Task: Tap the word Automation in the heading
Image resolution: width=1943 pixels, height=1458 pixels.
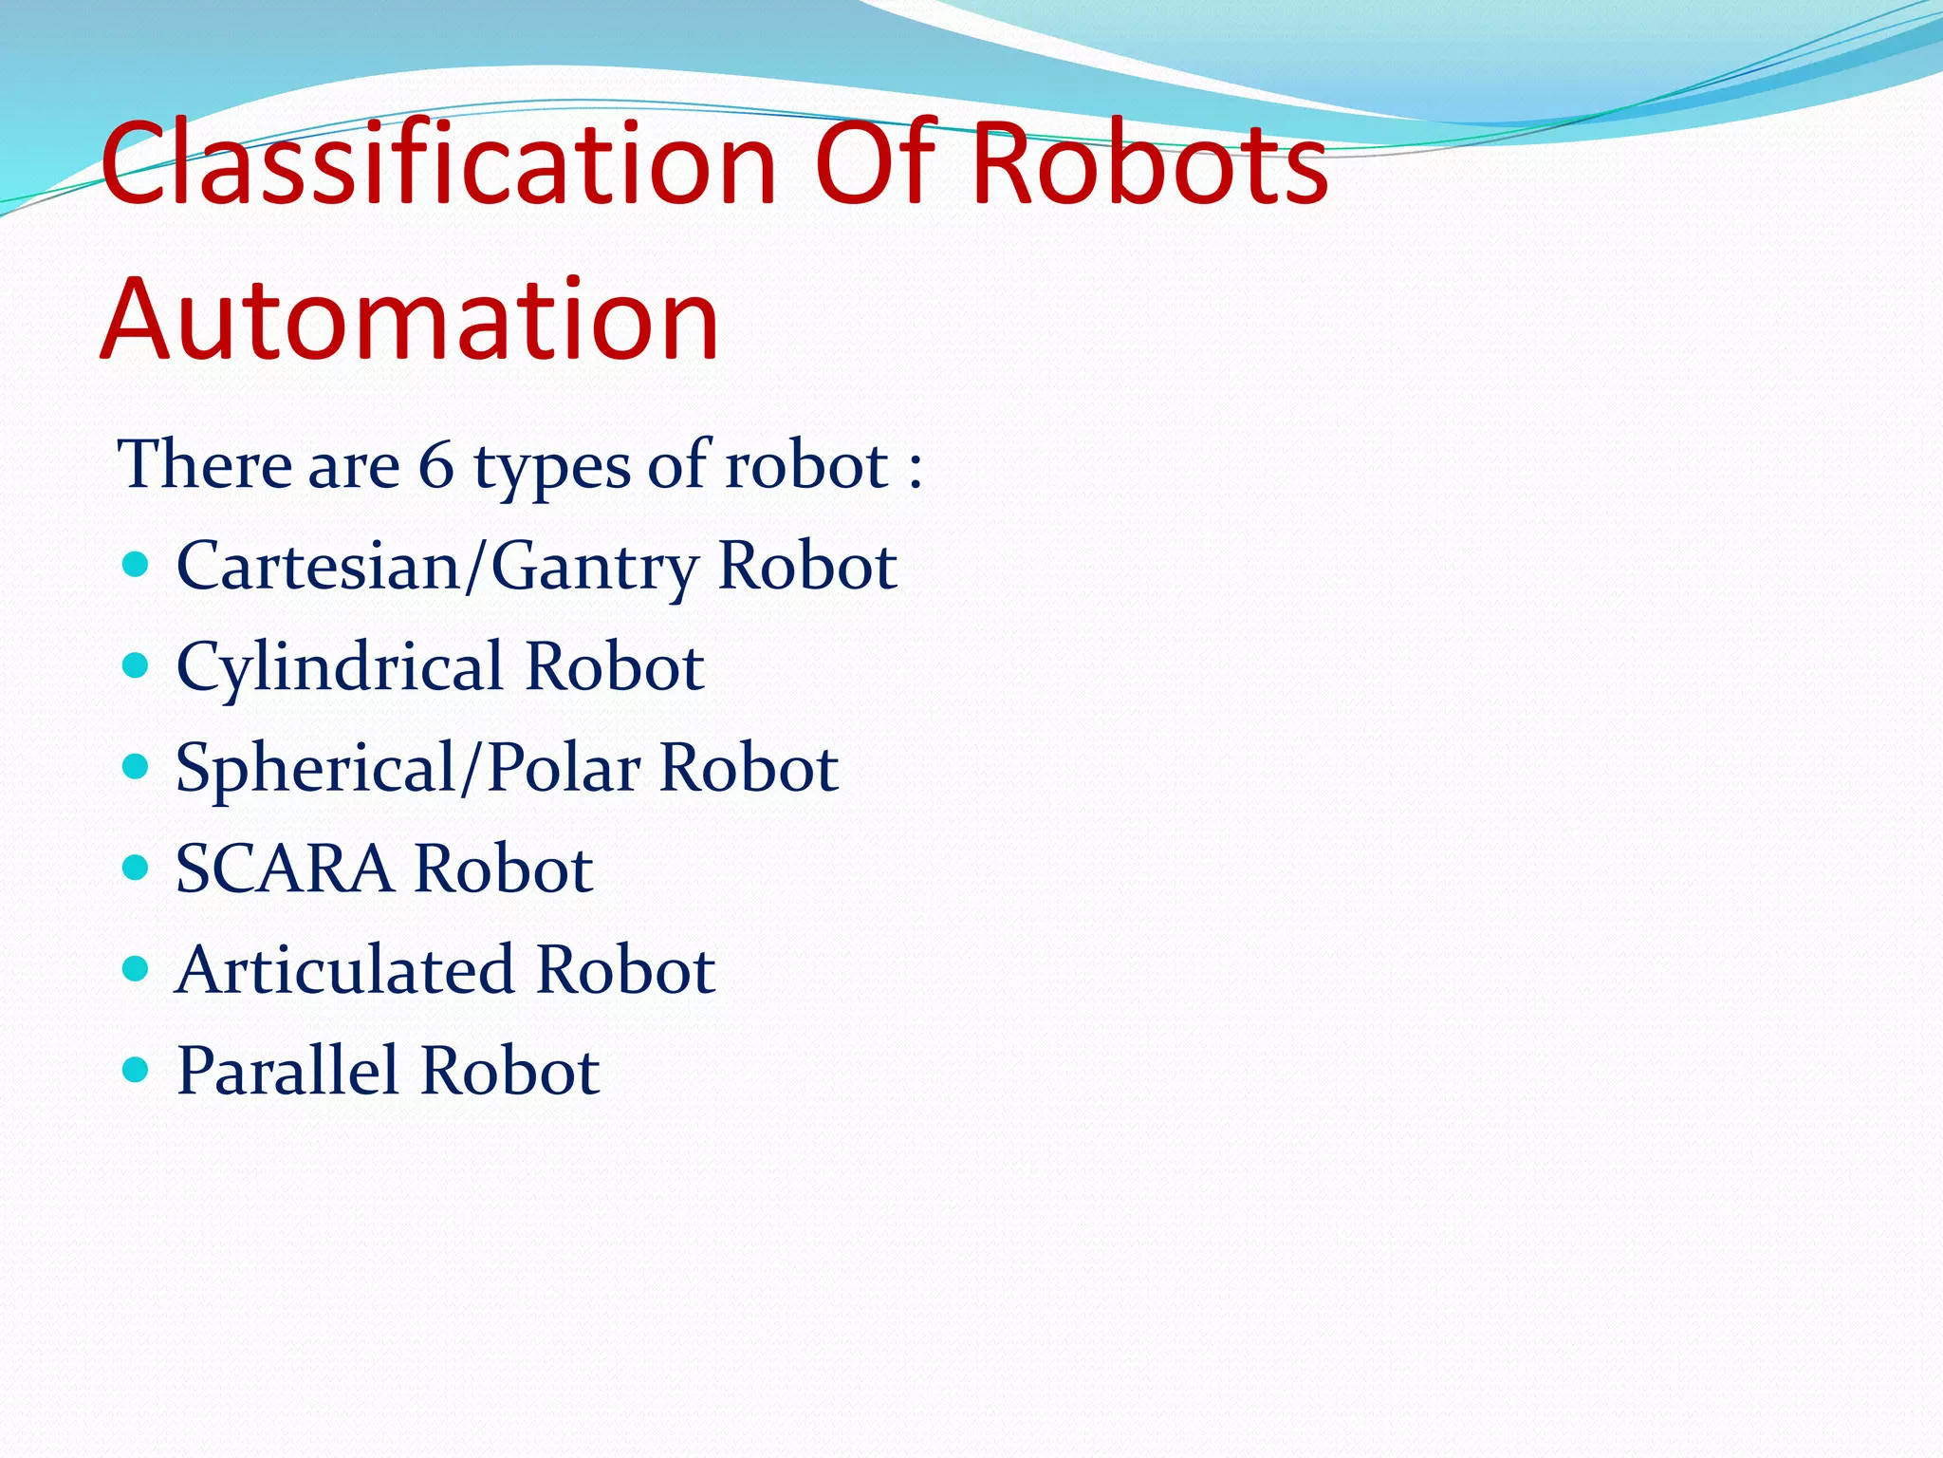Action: pyautogui.click(x=410, y=320)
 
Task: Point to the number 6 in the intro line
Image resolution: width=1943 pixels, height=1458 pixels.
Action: pyautogui.click(x=435, y=465)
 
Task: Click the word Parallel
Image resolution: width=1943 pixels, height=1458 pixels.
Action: pyautogui.click(x=287, y=1071)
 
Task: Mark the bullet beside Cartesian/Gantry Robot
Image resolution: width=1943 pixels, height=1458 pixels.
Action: pyautogui.click(x=137, y=566)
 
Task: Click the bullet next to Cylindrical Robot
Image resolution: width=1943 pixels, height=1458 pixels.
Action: pyautogui.click(x=137, y=665)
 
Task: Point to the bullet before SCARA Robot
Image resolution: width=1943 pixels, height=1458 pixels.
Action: pyautogui.click(x=137, y=868)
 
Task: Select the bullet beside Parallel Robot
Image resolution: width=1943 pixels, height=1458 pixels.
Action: pyautogui.click(x=137, y=1070)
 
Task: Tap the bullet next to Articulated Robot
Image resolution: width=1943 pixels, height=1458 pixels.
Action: pyautogui.click(x=137, y=968)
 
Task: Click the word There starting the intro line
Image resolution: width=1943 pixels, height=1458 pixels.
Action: pyautogui.click(x=204, y=465)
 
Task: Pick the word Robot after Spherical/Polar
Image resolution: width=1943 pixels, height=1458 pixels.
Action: pyautogui.click(x=749, y=767)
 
